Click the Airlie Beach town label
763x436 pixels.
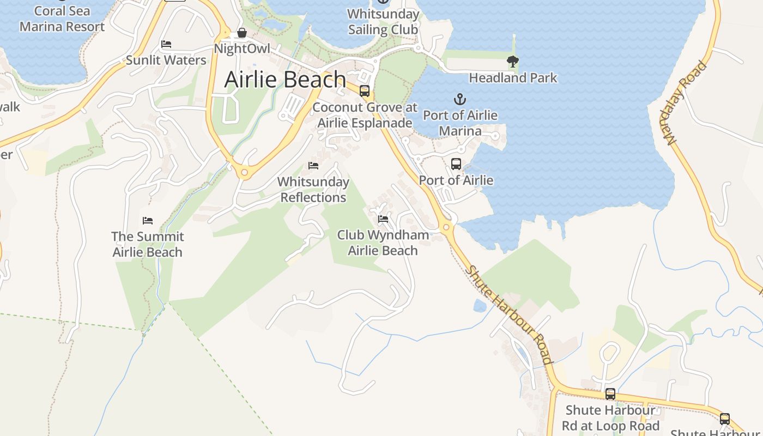(x=285, y=80)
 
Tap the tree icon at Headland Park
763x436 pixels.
(x=512, y=62)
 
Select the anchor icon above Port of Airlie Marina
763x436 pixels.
(x=461, y=99)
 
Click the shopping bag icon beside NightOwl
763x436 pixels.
(x=241, y=33)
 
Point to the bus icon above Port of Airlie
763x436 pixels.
(x=456, y=163)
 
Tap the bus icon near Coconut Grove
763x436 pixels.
(x=365, y=91)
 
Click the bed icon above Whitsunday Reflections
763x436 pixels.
(x=313, y=165)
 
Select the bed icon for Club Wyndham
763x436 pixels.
(x=383, y=219)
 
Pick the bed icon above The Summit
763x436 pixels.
(x=148, y=221)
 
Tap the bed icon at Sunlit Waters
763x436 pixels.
(x=166, y=44)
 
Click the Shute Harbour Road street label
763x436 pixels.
(x=510, y=315)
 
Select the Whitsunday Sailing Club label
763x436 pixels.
(x=383, y=22)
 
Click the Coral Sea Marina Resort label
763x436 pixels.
(x=62, y=19)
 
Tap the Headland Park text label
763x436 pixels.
(x=513, y=78)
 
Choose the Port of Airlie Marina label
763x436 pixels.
(x=461, y=123)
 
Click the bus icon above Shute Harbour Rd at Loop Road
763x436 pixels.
(x=610, y=393)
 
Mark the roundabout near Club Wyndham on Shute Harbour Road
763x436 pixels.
(x=446, y=227)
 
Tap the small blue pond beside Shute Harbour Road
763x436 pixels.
(x=480, y=306)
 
